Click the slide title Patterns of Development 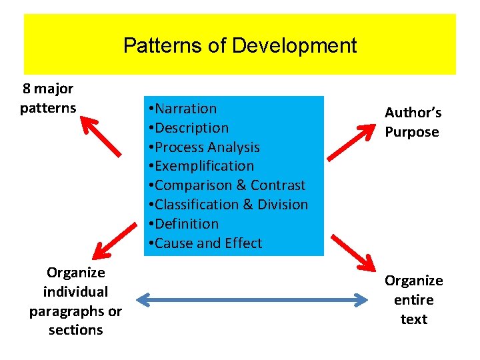pos(240,46)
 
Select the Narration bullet pos(183,109)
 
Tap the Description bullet pos(189,128)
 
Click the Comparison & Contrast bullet pos(227,185)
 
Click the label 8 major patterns pos(48,98)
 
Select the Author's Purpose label pos(413,123)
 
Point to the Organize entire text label pos(413,300)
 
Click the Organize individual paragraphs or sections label pos(75,301)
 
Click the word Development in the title pos(294,46)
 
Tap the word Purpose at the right pos(412,132)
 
